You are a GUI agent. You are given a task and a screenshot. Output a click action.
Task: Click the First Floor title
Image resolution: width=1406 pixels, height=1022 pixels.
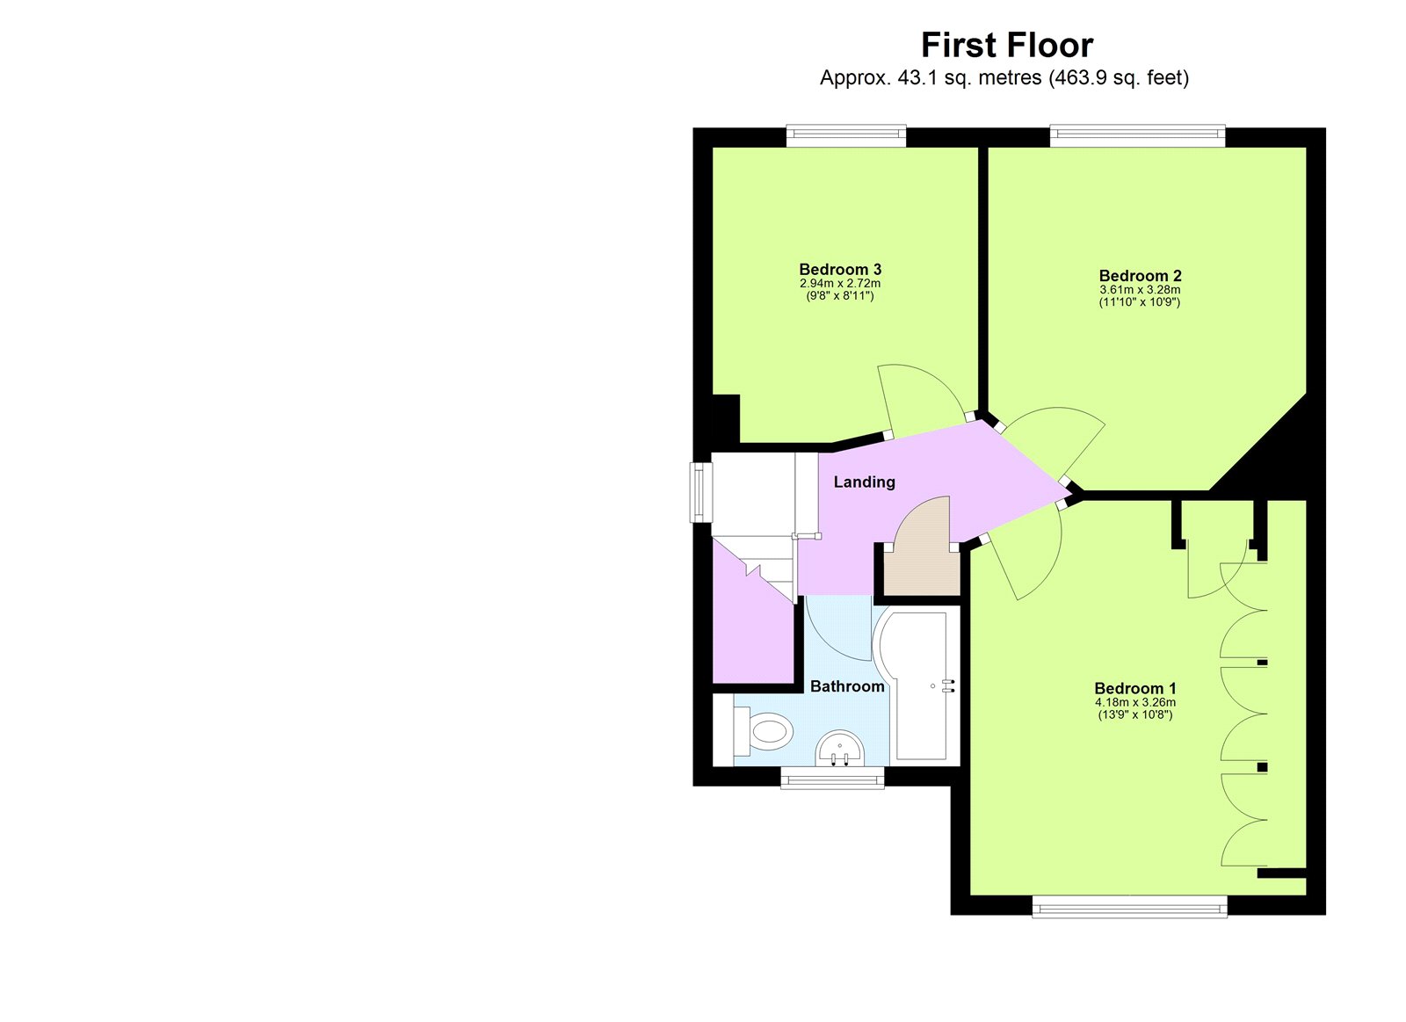pyautogui.click(x=1006, y=45)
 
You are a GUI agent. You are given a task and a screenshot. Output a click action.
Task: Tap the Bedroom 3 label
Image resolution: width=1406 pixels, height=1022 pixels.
pyautogui.click(x=840, y=269)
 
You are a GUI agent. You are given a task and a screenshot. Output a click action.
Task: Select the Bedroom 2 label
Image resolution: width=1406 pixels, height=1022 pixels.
pyautogui.click(x=1140, y=275)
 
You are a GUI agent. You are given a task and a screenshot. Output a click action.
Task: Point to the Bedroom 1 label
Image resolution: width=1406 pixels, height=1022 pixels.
pyautogui.click(x=1134, y=688)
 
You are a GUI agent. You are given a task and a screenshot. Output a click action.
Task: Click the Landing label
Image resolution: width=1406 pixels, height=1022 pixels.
pyautogui.click(x=864, y=482)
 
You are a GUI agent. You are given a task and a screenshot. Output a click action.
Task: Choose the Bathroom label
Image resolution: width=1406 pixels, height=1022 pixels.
pyautogui.click(x=847, y=686)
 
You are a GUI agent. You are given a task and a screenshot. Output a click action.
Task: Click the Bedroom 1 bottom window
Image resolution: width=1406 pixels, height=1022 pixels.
pyautogui.click(x=1129, y=907)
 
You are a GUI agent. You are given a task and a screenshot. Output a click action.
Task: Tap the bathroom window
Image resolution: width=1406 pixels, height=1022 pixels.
pyautogui.click(x=832, y=778)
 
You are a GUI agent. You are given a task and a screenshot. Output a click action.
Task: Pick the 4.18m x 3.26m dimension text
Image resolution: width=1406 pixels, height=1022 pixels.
pyautogui.click(x=1134, y=702)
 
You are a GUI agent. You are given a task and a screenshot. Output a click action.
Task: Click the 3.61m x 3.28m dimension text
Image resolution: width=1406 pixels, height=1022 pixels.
pyautogui.click(x=1140, y=289)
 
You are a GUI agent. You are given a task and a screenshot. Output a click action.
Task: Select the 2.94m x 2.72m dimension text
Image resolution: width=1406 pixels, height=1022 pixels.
pyautogui.click(x=840, y=283)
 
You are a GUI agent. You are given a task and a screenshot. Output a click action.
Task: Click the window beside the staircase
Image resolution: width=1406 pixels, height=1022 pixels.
pyautogui.click(x=700, y=492)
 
